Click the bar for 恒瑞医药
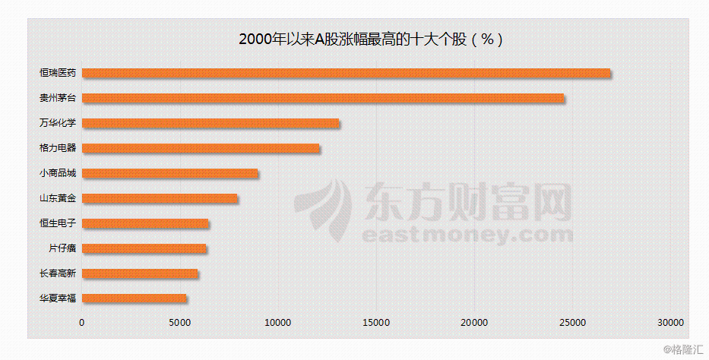(x=346, y=73)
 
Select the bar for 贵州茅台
(x=323, y=98)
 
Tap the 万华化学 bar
(x=210, y=123)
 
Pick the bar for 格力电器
(x=201, y=148)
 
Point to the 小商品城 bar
(x=169, y=173)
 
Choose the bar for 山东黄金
(x=160, y=198)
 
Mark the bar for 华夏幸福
(x=134, y=298)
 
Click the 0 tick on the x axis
(x=82, y=323)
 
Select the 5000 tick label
(x=180, y=323)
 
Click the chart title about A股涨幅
(x=371, y=39)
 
